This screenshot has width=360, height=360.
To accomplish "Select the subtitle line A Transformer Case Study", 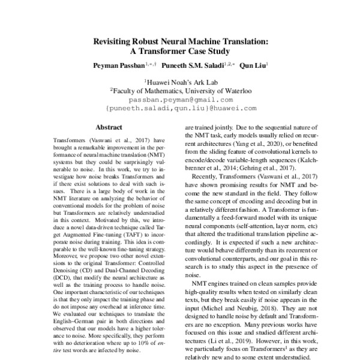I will pos(180,52).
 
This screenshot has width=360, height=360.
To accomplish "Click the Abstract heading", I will pos(109,127).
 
